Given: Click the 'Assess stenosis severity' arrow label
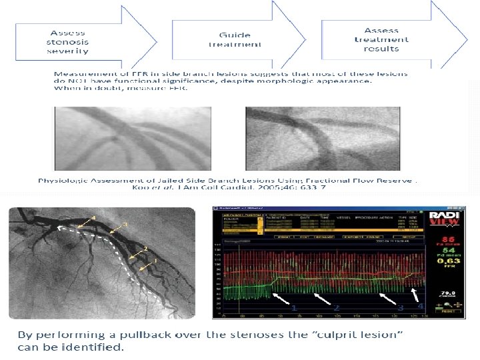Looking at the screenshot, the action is (x=68, y=41).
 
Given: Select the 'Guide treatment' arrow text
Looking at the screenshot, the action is (x=235, y=39).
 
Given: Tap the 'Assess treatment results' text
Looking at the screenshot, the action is (x=381, y=39).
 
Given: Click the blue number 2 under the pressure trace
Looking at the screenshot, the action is (x=337, y=308).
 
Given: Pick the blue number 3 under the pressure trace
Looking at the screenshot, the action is (x=400, y=308).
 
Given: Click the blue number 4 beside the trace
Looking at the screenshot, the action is (x=421, y=306).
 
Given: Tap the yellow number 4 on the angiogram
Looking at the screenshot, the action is (x=93, y=218).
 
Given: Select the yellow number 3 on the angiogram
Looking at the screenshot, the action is (x=124, y=224).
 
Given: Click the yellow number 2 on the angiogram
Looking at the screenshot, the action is (x=145, y=249).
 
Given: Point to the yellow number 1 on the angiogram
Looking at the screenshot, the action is (x=155, y=261).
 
